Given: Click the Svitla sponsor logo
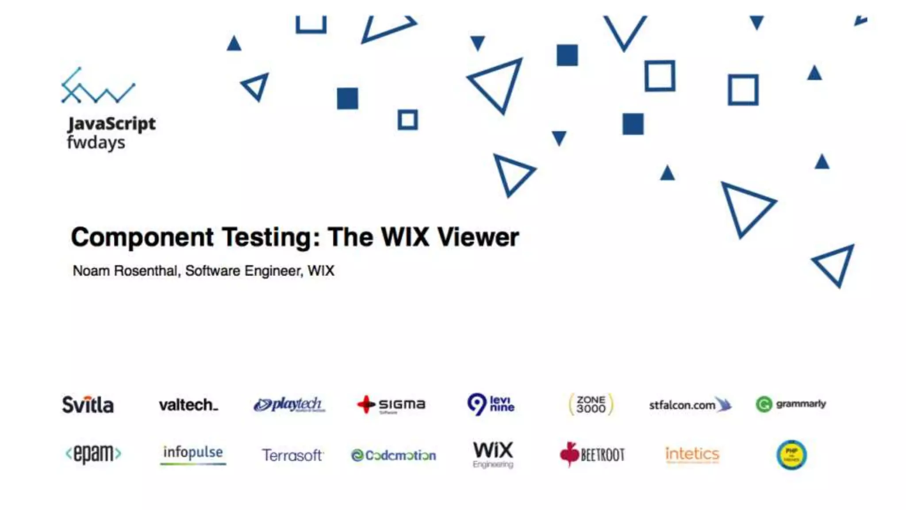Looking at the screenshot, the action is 88,405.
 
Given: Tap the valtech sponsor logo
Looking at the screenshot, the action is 188,405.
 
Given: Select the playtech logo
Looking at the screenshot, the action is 289,404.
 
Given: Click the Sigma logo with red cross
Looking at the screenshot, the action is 391,404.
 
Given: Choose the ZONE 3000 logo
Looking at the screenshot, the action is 591,404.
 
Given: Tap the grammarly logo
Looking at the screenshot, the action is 791,404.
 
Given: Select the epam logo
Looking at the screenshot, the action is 93,454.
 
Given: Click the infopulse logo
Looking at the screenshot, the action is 193,454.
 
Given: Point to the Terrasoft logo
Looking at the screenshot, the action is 292,455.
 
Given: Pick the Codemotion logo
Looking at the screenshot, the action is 393,455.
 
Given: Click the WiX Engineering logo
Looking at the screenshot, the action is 493,454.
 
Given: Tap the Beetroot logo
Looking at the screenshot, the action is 592,455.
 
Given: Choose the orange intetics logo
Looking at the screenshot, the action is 692,454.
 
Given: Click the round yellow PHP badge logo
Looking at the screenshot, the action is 791,455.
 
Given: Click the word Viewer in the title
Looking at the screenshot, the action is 478,237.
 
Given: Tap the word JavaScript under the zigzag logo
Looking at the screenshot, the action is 111,124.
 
